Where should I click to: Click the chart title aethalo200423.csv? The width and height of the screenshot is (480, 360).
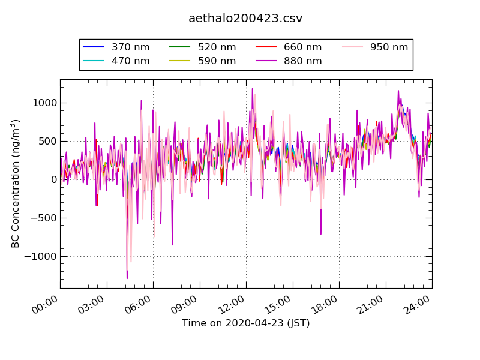pos(245,19)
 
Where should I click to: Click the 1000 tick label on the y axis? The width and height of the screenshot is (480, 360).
pos(45,103)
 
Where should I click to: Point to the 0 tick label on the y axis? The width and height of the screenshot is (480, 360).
pos(53,179)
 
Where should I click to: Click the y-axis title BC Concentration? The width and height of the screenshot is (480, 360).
pos(16,184)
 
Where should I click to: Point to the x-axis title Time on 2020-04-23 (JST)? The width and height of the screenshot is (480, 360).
pos(245,323)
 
